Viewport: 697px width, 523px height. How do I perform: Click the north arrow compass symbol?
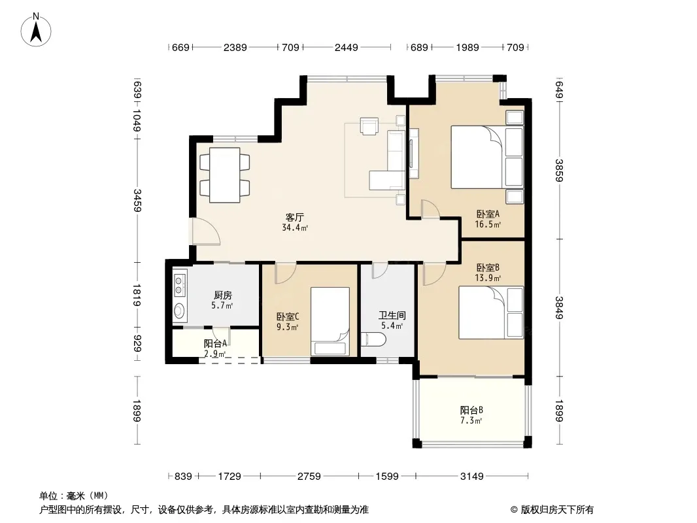click(36, 29)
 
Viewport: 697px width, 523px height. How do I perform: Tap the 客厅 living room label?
click(295, 217)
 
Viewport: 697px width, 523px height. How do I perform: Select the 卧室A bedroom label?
click(488, 214)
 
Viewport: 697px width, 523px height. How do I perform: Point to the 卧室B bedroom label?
click(488, 267)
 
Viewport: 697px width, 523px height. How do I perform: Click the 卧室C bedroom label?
click(287, 317)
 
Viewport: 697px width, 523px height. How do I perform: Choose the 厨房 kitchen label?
click(223, 295)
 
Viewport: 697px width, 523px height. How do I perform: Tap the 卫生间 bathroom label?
click(392, 316)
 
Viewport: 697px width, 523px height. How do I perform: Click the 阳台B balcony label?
click(471, 410)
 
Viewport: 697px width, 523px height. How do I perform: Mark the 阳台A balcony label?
click(216, 343)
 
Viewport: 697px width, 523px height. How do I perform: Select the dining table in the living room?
click(224, 175)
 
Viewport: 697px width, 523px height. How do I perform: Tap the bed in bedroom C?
click(330, 321)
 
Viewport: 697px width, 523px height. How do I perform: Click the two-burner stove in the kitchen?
click(179, 284)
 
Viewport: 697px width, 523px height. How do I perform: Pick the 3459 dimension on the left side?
click(137, 201)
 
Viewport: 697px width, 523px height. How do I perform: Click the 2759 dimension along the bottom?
click(309, 477)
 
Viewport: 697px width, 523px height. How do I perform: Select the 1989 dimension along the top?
click(467, 47)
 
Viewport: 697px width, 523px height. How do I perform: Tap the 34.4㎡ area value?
click(295, 228)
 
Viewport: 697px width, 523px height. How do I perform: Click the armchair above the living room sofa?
click(369, 126)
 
